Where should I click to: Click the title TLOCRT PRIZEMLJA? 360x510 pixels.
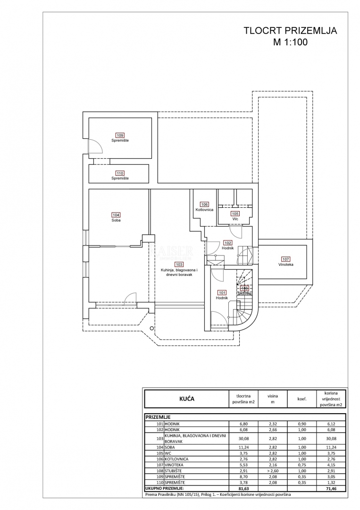point(290,31)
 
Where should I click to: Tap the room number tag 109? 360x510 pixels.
point(120,136)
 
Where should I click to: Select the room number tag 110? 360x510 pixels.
point(120,173)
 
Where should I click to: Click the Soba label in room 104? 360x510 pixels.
point(116,220)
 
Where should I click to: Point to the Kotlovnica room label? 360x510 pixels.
point(204,209)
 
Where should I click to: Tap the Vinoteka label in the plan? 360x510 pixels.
point(285,265)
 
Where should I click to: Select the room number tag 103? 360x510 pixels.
point(179,264)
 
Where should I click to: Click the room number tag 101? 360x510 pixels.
point(222,292)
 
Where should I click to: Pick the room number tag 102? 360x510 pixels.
point(228,243)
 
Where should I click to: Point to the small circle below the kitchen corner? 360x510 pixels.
point(151,328)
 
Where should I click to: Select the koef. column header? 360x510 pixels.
point(302,399)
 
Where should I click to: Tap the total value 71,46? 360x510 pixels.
point(331,489)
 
